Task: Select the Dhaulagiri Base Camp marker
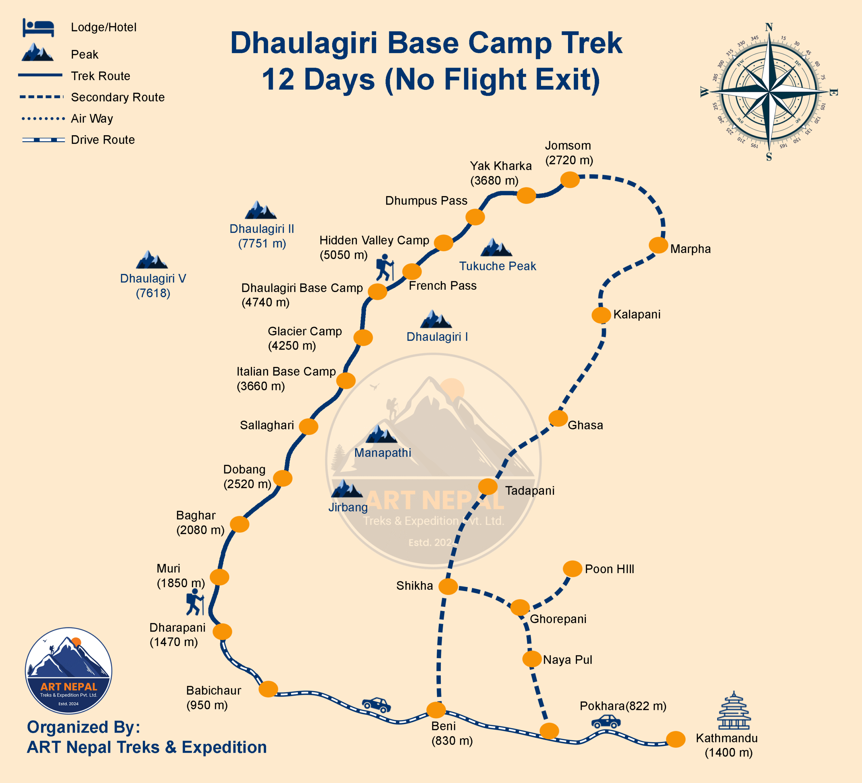pos(377,291)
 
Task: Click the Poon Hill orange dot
pos(572,569)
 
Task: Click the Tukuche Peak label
pos(497,266)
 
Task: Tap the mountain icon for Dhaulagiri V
pos(152,260)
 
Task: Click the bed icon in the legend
pos(38,28)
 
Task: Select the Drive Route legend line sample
pos(43,140)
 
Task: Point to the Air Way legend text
pos(92,118)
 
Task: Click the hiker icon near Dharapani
pos(195,602)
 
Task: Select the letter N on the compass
pos(769,27)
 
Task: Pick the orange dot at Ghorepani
pos(520,607)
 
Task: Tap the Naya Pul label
pos(567,660)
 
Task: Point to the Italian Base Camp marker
pos(345,380)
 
